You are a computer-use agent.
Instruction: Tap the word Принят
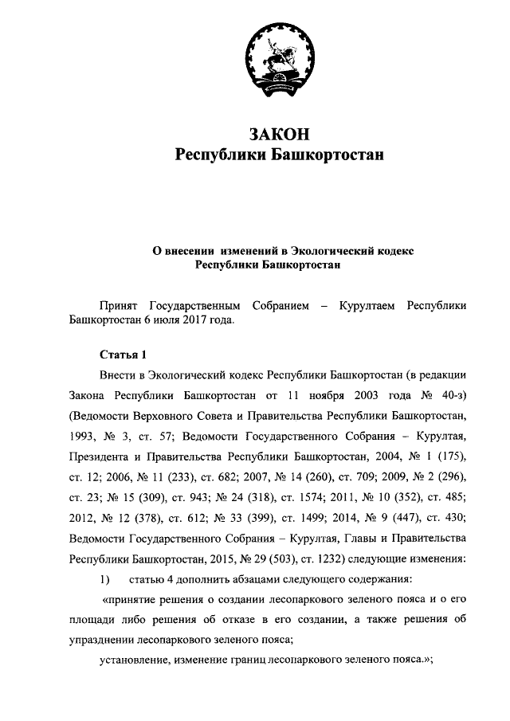click(118, 305)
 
